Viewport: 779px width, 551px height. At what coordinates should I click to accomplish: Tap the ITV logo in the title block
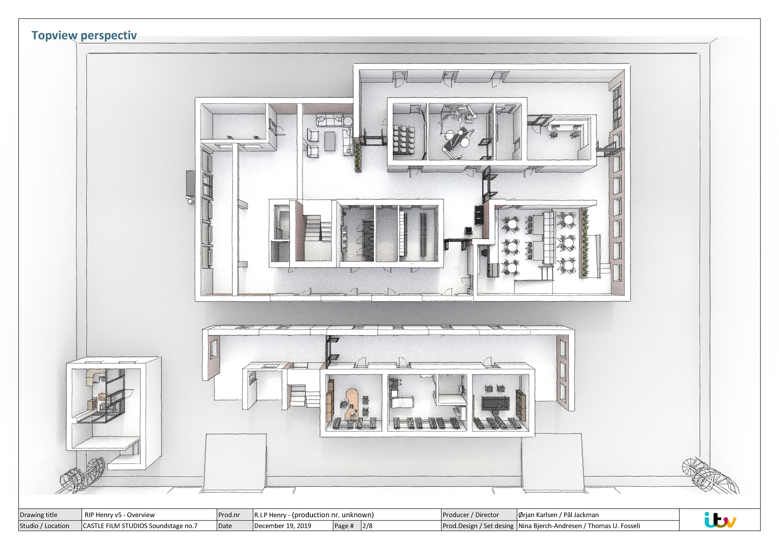coord(720,520)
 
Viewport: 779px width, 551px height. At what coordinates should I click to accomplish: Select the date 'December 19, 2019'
coord(283,526)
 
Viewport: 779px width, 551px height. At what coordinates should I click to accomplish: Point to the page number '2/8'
coord(367,526)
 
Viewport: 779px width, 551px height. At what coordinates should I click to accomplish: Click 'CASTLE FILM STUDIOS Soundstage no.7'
coord(140,526)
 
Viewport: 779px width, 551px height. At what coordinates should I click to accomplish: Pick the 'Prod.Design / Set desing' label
coord(478,526)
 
